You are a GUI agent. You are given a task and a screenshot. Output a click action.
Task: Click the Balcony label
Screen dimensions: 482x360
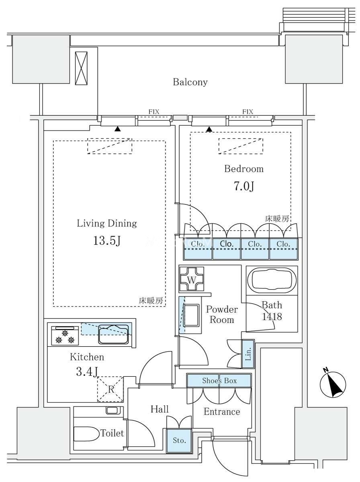[x=190, y=82]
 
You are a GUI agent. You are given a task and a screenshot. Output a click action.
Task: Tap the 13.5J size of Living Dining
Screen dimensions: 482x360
[x=107, y=241]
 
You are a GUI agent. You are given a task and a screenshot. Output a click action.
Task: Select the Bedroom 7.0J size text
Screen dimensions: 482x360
[x=244, y=186]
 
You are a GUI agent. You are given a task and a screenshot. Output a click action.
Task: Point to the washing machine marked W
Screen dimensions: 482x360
[x=191, y=279]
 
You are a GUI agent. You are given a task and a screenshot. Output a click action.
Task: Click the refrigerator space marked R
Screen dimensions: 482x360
[x=111, y=389]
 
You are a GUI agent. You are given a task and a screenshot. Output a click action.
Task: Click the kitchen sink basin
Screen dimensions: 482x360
[x=114, y=334]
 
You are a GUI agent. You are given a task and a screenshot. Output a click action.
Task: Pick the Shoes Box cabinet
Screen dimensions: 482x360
[x=219, y=381]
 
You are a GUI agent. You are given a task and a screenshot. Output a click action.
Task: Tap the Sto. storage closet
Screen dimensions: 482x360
[x=179, y=441]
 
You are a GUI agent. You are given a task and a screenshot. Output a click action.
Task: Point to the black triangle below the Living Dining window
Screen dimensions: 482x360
[x=117, y=129]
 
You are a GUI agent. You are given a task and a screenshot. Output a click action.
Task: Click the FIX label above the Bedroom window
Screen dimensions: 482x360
[x=247, y=112]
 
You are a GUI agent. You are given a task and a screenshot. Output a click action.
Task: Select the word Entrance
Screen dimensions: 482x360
[x=222, y=412]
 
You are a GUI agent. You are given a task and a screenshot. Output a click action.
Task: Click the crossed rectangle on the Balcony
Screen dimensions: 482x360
[x=81, y=68]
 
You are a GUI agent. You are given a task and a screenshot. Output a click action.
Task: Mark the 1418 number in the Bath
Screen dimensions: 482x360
[x=272, y=317]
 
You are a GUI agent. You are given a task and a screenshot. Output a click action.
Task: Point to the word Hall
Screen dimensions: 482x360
[x=160, y=409]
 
